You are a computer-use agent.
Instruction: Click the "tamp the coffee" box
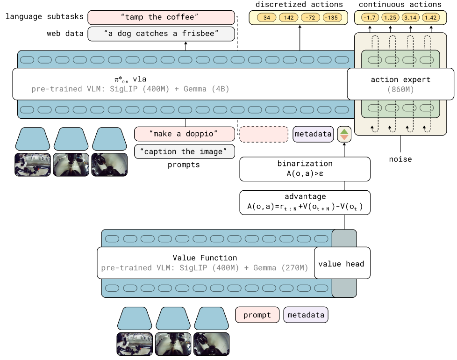click(x=161, y=17)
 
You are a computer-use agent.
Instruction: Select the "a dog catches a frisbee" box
click(x=161, y=34)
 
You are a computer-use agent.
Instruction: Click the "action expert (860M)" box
click(x=400, y=84)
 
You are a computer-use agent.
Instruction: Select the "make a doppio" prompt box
click(x=184, y=134)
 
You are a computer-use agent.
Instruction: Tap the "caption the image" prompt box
click(x=184, y=151)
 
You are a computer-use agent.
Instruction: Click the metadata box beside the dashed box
click(x=313, y=134)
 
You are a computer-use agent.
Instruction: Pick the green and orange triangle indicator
click(x=344, y=134)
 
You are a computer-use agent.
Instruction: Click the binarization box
click(x=305, y=169)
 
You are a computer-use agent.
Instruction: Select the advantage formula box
click(x=305, y=202)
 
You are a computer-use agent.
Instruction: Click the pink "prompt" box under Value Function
click(x=257, y=315)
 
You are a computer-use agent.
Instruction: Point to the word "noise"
click(x=400, y=159)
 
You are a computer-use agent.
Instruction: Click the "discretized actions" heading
click(x=299, y=5)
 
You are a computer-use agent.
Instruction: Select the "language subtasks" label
click(x=45, y=17)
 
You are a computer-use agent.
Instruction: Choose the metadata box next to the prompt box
click(x=306, y=315)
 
